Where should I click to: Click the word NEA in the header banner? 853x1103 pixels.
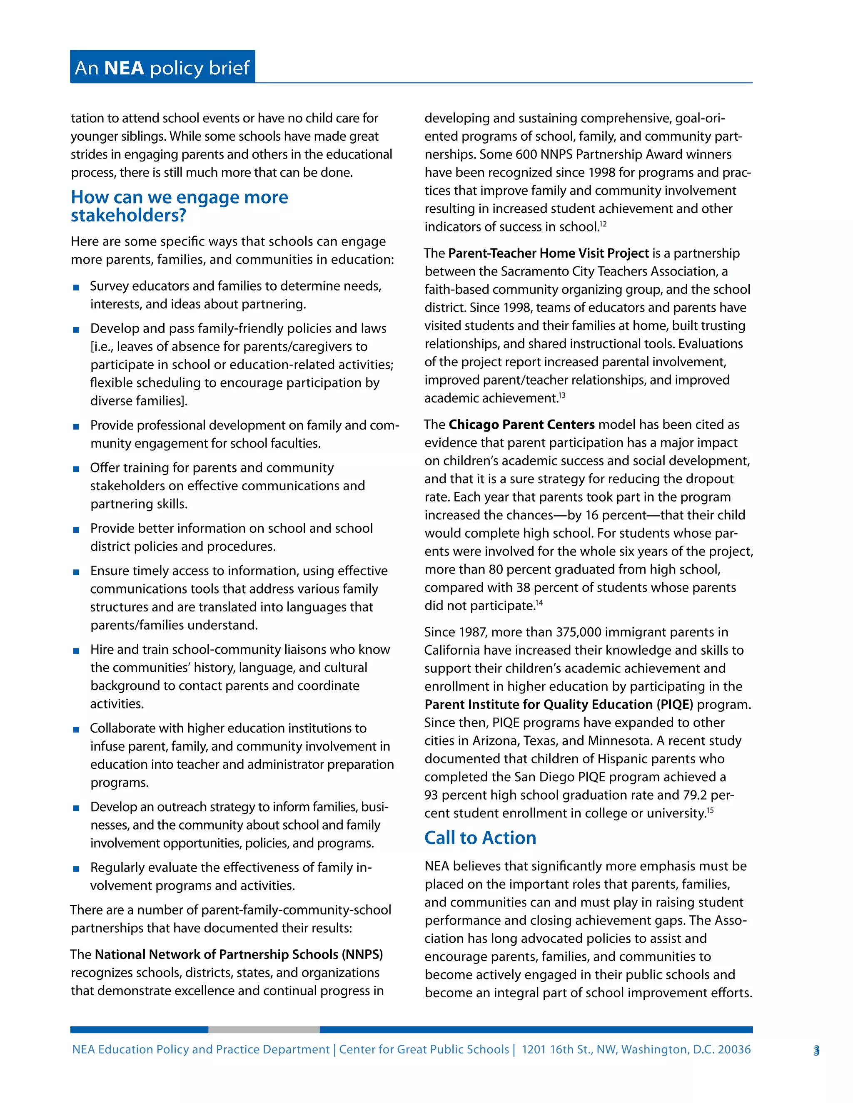click(124, 68)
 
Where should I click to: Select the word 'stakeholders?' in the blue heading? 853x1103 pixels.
click(128, 216)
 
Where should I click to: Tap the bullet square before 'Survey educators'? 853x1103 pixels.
click(76, 287)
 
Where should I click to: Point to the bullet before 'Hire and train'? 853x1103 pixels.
click(76, 651)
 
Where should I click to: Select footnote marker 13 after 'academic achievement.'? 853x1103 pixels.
click(561, 395)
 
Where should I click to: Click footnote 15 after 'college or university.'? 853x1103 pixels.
click(710, 810)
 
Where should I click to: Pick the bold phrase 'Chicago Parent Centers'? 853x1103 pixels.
click(521, 424)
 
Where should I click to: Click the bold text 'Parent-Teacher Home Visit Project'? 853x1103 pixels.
click(548, 253)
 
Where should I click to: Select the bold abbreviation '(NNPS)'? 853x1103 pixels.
click(362, 954)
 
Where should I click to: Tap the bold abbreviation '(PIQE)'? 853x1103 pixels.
click(675, 705)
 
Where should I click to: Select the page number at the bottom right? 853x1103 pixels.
click(816, 1051)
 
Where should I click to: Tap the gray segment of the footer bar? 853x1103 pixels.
click(263, 1029)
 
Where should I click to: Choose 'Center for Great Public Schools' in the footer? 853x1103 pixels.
click(424, 1049)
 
